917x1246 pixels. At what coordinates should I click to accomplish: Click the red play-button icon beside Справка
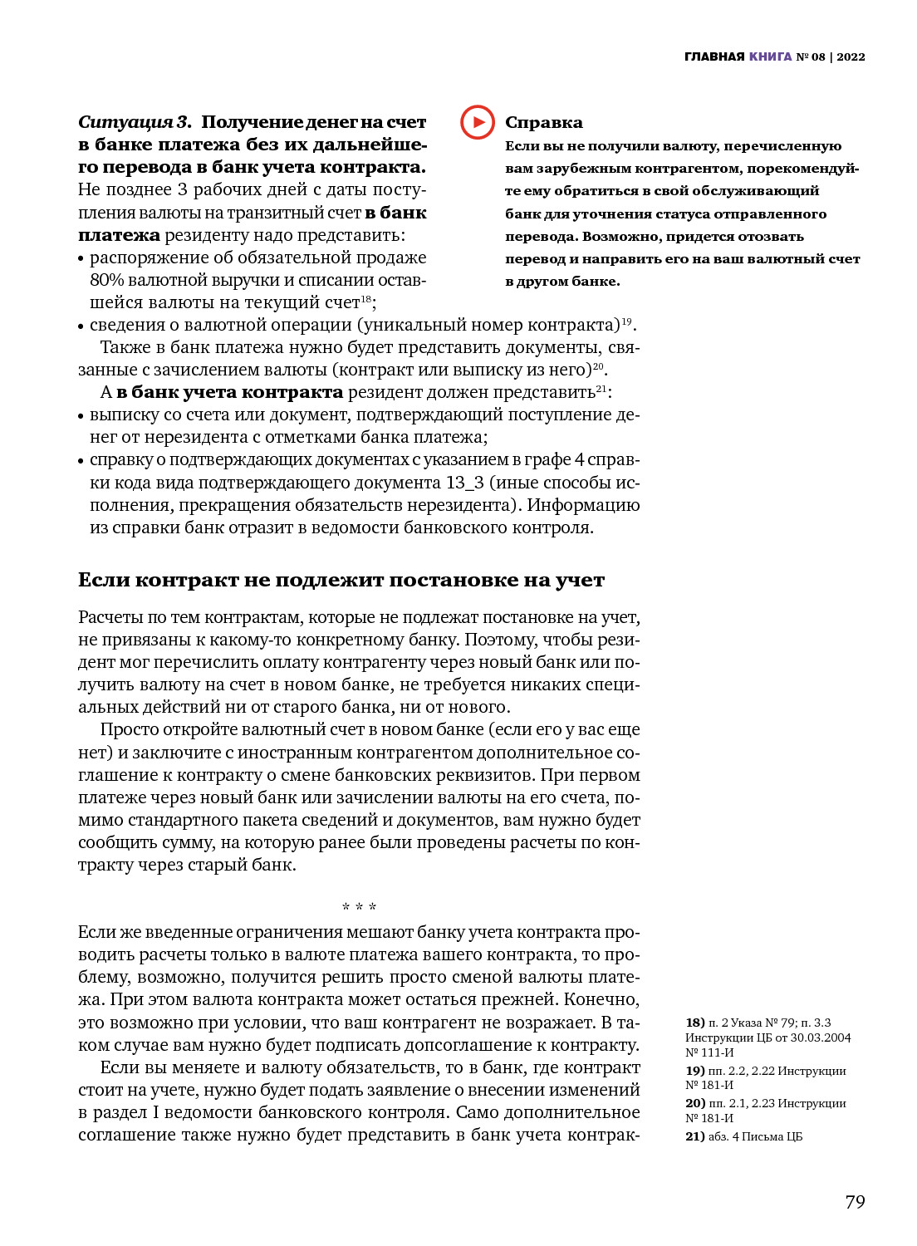(x=478, y=122)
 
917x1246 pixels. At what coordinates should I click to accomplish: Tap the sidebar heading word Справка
(x=543, y=123)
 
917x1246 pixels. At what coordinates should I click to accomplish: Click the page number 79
(x=855, y=1202)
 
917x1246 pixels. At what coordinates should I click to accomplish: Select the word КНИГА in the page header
(x=770, y=57)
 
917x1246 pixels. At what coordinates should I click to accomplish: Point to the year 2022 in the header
(x=851, y=57)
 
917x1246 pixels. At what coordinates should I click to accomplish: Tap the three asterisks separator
(x=359, y=907)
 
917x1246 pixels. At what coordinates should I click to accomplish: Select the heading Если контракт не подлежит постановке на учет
(x=341, y=580)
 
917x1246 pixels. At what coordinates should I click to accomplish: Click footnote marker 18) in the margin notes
(x=694, y=1023)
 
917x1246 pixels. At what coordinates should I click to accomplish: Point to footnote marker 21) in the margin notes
(x=694, y=1136)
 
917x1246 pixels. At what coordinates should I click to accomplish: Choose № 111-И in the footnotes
(x=709, y=1052)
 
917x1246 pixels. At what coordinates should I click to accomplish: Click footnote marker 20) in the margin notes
(x=694, y=1103)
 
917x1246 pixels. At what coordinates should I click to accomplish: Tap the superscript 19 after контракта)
(x=626, y=321)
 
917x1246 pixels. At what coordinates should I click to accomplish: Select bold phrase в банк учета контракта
(x=229, y=392)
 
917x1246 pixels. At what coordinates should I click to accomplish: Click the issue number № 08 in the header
(x=811, y=57)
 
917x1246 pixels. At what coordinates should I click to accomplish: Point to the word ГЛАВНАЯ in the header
(x=714, y=57)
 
